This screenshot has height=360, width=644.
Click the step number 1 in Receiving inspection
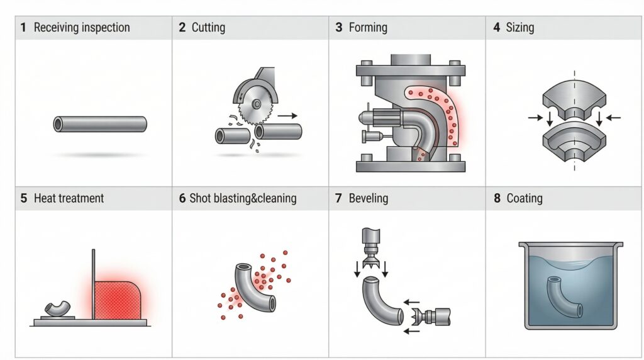pyautogui.click(x=23, y=28)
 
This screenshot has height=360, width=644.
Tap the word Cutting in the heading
pyautogui.click(x=208, y=28)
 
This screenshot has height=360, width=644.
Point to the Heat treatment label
pyautogui.click(x=69, y=198)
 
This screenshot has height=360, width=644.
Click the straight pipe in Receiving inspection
pyautogui.click(x=100, y=124)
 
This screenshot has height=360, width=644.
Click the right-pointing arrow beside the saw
pyautogui.click(x=288, y=116)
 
